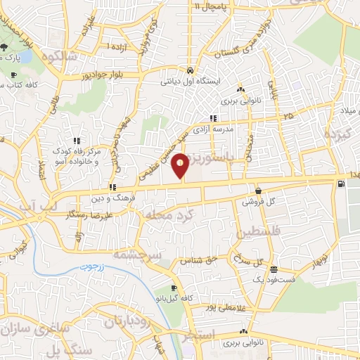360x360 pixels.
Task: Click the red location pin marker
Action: tap(181, 165)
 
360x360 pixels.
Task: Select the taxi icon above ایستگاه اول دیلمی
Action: tap(191, 71)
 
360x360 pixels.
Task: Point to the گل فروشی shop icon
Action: tap(259, 191)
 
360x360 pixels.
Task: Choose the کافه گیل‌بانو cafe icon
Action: tap(174, 288)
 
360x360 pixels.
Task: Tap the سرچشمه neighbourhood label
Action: tap(156, 253)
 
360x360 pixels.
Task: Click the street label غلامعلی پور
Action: tap(209, 307)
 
